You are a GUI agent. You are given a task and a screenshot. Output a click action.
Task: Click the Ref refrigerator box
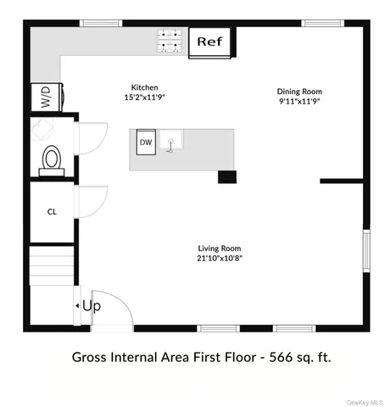point(209,42)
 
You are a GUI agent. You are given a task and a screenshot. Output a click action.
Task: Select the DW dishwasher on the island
point(146,142)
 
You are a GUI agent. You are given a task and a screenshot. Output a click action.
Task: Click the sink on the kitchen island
point(173,141)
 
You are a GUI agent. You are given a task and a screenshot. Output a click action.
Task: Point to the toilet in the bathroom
point(53,159)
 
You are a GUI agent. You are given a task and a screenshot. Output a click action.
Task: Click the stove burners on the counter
point(168,41)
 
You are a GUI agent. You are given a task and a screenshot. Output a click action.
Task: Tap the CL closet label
point(52,211)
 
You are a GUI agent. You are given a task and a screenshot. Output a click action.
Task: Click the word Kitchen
point(144,87)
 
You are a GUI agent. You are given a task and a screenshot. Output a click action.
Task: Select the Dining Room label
point(300,91)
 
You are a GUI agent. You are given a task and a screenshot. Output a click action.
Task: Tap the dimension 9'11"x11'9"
point(300,101)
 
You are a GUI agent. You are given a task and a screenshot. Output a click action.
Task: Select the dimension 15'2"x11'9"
point(144,98)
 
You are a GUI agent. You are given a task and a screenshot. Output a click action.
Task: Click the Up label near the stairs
point(92,305)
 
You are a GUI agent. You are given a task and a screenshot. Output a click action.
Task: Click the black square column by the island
point(226,176)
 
